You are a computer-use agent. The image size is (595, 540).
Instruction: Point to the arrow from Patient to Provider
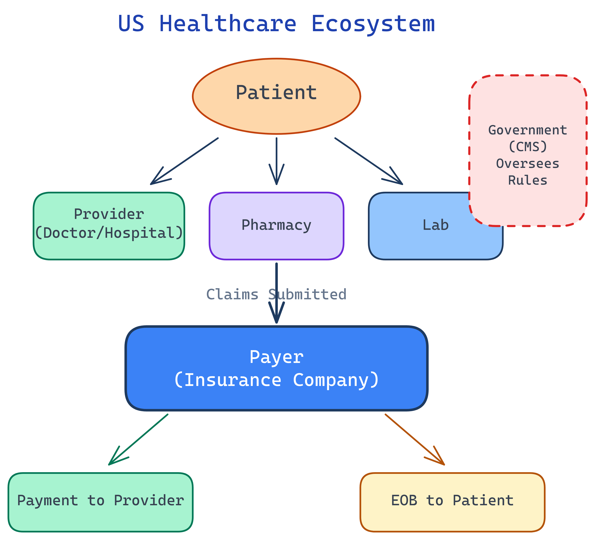pyautogui.click(x=184, y=161)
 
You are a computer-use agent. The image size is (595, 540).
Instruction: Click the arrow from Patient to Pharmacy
pyautogui.click(x=276, y=161)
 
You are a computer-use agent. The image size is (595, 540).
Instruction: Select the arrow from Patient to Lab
pyautogui.click(x=369, y=161)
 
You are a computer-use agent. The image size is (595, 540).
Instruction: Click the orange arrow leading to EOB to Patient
pyautogui.click(x=414, y=440)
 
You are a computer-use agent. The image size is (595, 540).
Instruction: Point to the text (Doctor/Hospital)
pyautogui.click(x=109, y=233)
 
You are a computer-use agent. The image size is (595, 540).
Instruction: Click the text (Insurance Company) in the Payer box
pyautogui.click(x=276, y=380)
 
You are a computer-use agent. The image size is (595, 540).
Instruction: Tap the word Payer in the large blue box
pyautogui.click(x=276, y=357)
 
